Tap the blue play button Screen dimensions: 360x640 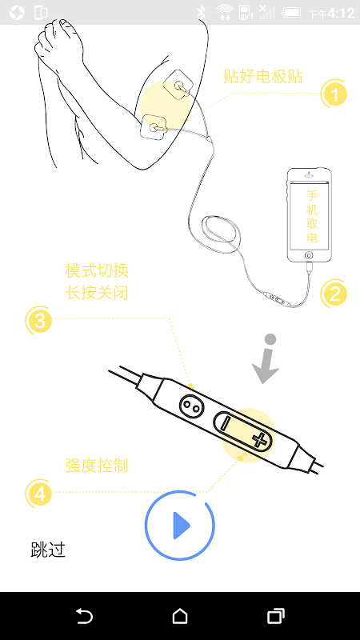click(x=180, y=526)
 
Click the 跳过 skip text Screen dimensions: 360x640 click(x=48, y=550)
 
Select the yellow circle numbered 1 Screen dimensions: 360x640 click(x=334, y=94)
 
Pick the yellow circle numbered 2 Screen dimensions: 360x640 click(x=334, y=294)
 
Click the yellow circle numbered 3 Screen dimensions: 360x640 click(x=39, y=321)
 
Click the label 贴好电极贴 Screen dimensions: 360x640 click(x=263, y=76)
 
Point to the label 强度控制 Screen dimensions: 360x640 click(x=97, y=466)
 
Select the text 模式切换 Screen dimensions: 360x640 click(x=97, y=271)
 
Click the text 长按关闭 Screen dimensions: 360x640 click(x=97, y=292)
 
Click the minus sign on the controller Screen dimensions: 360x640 click(x=225, y=424)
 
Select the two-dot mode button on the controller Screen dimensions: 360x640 click(x=190, y=406)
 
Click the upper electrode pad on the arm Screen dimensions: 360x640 click(x=178, y=85)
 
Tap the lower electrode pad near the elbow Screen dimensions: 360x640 click(x=154, y=127)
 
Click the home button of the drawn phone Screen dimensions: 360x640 click(x=309, y=255)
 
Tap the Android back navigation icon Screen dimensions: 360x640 click(x=85, y=615)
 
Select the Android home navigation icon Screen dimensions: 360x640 click(x=180, y=615)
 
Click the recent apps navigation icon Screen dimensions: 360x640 click(x=276, y=615)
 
